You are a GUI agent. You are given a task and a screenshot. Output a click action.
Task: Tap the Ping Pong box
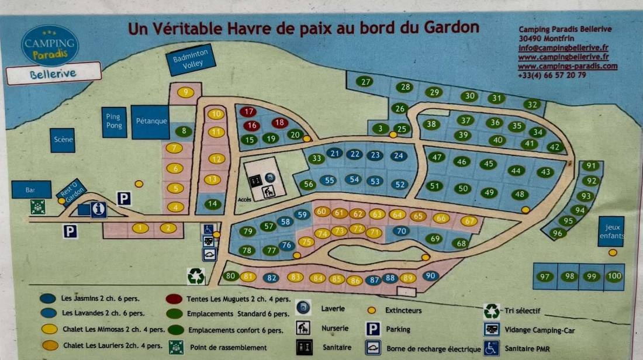coord(113,122)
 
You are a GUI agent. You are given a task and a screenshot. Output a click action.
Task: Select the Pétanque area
coord(151,122)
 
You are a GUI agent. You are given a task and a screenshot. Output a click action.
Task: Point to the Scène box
coord(63,140)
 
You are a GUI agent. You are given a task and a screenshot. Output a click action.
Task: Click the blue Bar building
coord(31,190)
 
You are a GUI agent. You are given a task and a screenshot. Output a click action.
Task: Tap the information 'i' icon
coord(99,209)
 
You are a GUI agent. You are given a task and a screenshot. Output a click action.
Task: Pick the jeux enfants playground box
coord(611,231)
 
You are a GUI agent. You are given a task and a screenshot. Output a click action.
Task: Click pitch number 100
coord(614,276)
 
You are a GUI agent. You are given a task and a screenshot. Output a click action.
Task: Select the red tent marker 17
coord(248,112)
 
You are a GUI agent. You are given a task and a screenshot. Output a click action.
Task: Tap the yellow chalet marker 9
coord(186,92)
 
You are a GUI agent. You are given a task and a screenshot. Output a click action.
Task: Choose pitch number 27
coord(365,82)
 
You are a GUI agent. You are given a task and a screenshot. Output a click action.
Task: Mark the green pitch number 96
coord(558,233)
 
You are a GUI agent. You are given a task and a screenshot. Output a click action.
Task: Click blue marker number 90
coord(430,276)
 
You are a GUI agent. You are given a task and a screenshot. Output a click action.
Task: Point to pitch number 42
coord(555,147)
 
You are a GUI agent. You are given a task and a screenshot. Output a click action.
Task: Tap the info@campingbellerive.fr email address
coord(555,49)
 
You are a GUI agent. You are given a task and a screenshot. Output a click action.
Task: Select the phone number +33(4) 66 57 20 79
coord(552,75)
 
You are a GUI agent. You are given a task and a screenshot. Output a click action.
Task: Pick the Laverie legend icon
coord(303,307)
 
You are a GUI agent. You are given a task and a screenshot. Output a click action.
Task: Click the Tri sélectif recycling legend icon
coord(492,310)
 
